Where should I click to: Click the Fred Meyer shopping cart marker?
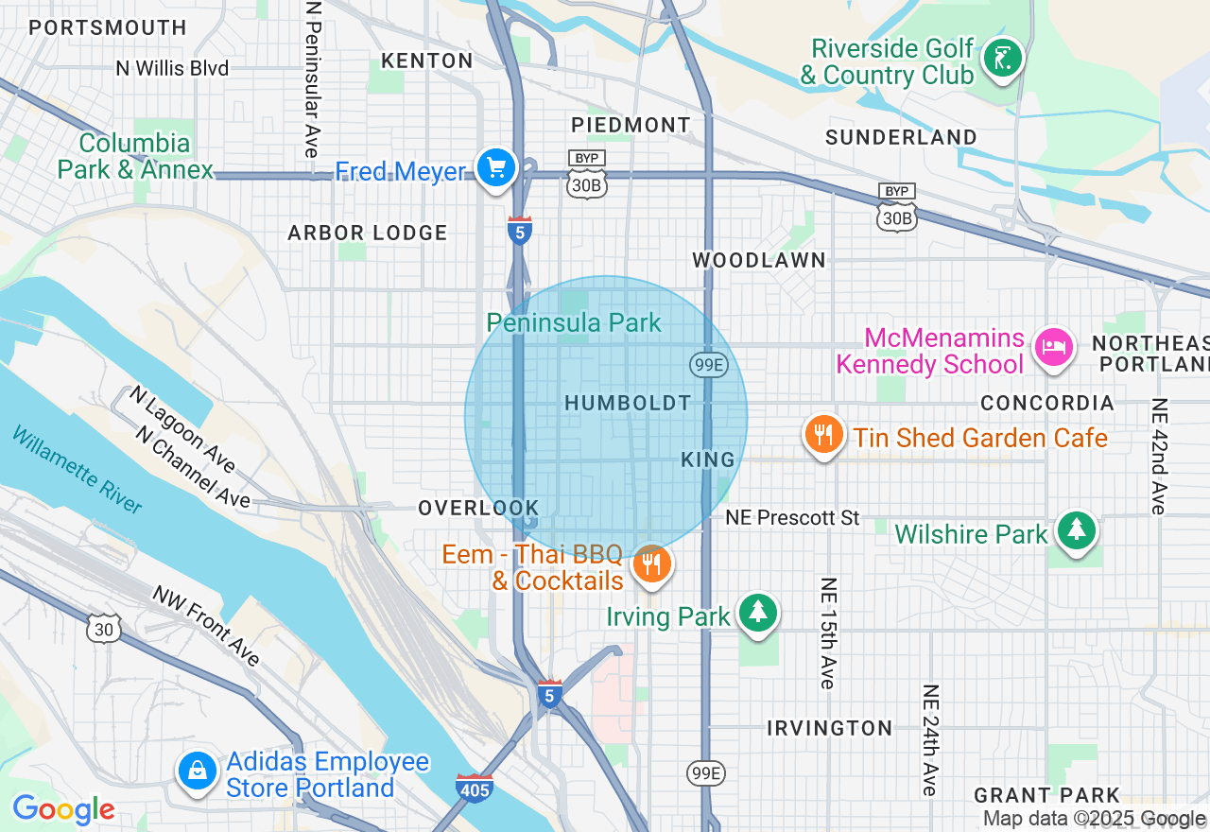(495, 169)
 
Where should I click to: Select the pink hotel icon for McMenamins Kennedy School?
(1053, 346)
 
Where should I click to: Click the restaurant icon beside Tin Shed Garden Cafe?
(824, 435)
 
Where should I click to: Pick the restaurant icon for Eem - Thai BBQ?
(651, 564)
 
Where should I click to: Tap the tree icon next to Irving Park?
(757, 613)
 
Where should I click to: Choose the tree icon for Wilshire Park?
(1076, 530)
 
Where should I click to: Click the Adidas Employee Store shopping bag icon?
(197, 771)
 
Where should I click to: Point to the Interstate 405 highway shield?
(474, 788)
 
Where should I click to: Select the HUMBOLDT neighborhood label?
(628, 404)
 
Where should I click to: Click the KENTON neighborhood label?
(426, 61)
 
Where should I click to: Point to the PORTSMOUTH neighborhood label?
(108, 28)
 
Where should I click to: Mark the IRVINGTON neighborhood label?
(830, 728)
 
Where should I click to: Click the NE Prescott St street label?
(792, 518)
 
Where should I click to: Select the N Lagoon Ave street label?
(182, 428)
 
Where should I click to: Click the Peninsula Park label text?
(574, 323)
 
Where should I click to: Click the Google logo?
(63, 809)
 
